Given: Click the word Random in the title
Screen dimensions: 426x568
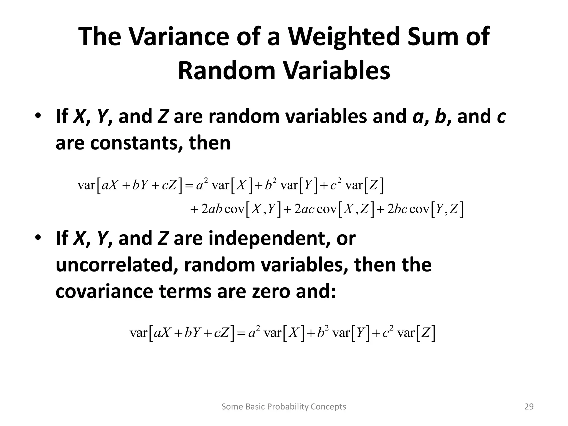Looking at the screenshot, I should [227, 71].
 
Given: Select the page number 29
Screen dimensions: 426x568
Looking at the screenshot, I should [529, 407].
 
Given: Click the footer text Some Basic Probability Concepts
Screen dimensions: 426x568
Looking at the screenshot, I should [284, 407].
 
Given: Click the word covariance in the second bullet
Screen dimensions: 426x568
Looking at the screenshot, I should [104, 291].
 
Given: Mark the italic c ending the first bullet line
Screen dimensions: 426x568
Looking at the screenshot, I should [501, 117].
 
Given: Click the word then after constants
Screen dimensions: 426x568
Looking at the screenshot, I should [209, 143].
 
